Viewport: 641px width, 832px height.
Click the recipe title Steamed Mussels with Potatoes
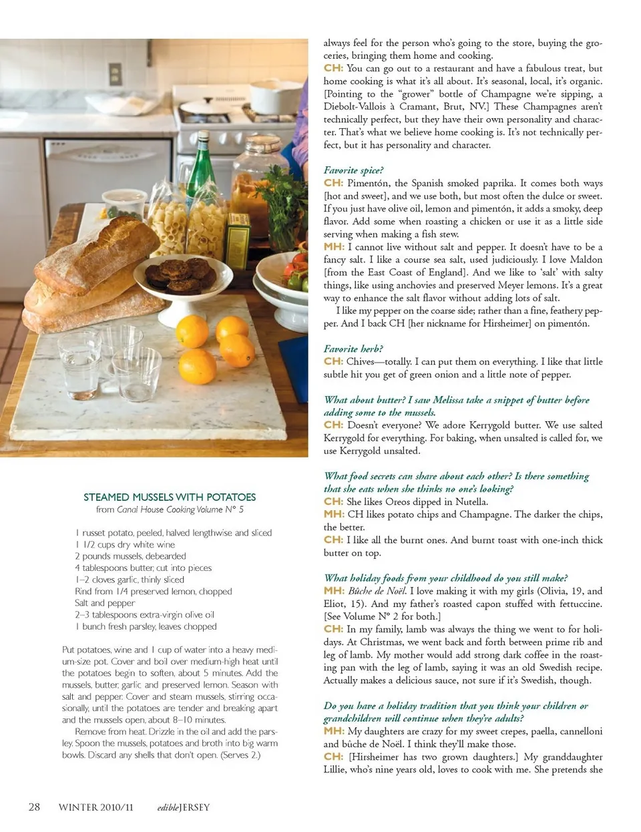click(x=170, y=497)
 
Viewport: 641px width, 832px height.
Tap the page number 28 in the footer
click(x=34, y=807)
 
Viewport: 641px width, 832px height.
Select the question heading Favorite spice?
click(x=353, y=170)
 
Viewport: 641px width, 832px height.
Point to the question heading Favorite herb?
click(x=353, y=349)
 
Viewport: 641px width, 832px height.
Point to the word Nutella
click(x=471, y=501)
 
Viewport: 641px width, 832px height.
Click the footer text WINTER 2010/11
click(x=95, y=807)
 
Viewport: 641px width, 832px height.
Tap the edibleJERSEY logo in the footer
click(x=183, y=807)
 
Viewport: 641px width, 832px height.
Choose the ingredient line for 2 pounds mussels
click(x=130, y=556)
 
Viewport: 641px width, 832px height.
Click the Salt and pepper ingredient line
click(x=105, y=602)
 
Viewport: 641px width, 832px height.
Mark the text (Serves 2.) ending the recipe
click(x=241, y=755)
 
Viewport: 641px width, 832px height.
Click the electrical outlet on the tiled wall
click(x=115, y=73)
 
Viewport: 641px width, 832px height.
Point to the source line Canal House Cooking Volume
click(x=170, y=509)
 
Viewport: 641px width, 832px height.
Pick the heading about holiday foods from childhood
click(x=445, y=578)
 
